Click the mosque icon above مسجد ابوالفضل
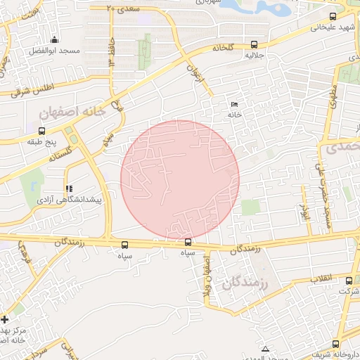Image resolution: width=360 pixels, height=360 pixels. pos(54,39)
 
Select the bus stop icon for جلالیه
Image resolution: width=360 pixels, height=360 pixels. pos(254,44)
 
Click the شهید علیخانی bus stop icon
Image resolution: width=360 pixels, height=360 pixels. pos(333,16)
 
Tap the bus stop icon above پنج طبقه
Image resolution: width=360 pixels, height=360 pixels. pos(42,131)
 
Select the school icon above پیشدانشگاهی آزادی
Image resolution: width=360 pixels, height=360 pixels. pos(68,188)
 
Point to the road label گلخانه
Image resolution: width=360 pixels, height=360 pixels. pos(218,47)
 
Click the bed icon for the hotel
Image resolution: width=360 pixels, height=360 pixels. pos(233,105)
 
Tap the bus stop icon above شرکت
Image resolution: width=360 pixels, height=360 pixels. pos(349,281)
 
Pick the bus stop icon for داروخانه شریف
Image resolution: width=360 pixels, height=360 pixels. pos(335,343)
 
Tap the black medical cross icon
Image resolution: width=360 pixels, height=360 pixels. pos(6,319)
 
